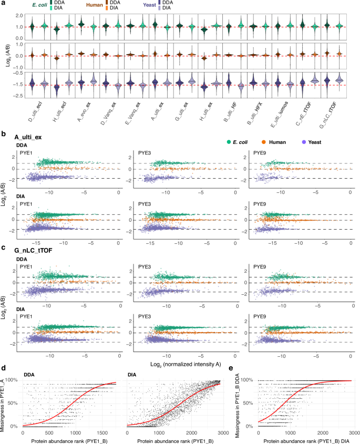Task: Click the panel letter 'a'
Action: point(3,4)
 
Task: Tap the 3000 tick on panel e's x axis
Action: point(352,429)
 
